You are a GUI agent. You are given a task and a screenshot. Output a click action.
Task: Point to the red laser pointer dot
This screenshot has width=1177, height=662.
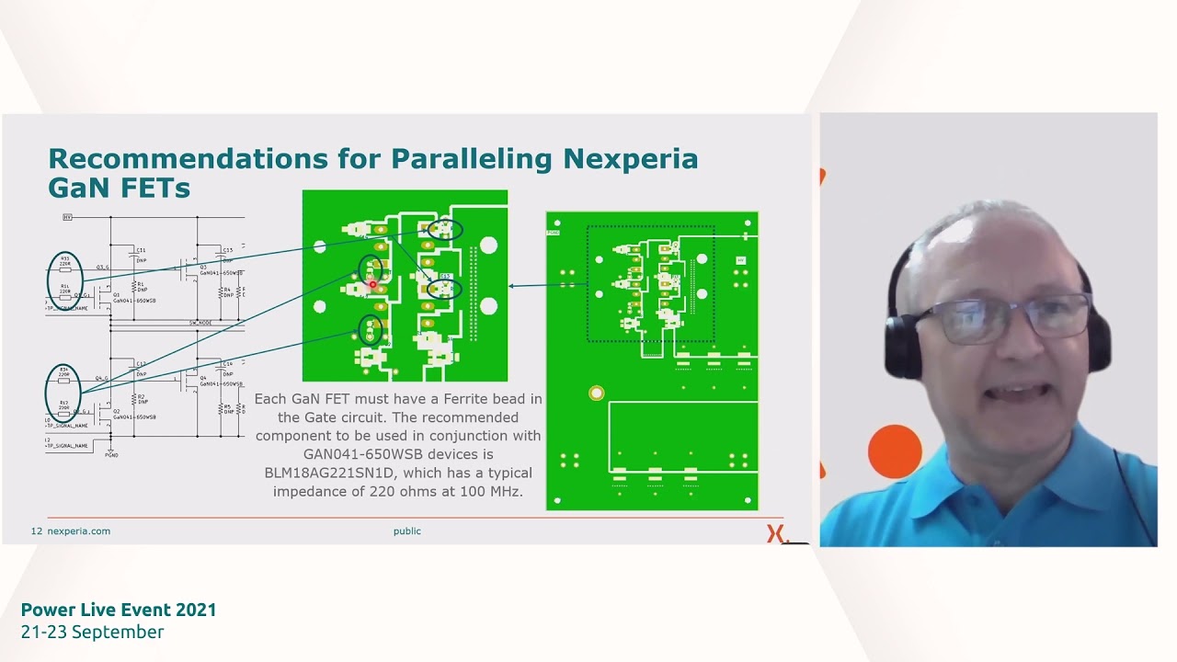pyautogui.click(x=372, y=285)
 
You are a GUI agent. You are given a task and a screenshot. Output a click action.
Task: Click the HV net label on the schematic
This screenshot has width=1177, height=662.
pyautogui.click(x=67, y=217)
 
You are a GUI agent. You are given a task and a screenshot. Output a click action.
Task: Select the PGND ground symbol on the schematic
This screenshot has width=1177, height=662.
pyautogui.click(x=111, y=454)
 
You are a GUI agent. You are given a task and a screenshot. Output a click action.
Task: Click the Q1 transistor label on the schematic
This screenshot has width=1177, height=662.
pyautogui.click(x=117, y=295)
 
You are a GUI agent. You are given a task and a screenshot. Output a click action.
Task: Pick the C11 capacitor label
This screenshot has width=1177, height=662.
pyautogui.click(x=141, y=250)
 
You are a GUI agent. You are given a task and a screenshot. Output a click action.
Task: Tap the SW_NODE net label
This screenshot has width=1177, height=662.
pyautogui.click(x=200, y=323)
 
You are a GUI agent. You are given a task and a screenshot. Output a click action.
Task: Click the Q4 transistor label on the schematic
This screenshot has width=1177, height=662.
pyautogui.click(x=202, y=376)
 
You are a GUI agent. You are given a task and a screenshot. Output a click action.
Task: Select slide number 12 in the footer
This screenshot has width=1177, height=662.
pyautogui.click(x=37, y=531)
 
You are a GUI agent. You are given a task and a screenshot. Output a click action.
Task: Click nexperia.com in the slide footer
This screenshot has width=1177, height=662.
pyautogui.click(x=78, y=531)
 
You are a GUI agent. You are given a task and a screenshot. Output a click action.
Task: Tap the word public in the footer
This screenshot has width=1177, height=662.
pyautogui.click(x=406, y=531)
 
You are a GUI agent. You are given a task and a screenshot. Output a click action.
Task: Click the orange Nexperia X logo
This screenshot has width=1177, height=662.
pyautogui.click(x=776, y=533)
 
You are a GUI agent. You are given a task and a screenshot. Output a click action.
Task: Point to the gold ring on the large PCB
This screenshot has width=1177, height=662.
pyautogui.click(x=597, y=394)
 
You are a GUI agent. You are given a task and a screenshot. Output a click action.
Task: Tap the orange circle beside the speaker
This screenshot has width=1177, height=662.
pyautogui.click(x=894, y=451)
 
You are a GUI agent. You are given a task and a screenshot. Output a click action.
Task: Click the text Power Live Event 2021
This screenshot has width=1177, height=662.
pyautogui.click(x=119, y=610)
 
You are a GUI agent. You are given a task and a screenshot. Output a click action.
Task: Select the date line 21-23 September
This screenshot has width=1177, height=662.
pyautogui.click(x=92, y=632)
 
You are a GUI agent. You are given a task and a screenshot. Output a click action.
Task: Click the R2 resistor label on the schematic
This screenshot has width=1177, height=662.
pyautogui.click(x=141, y=397)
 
